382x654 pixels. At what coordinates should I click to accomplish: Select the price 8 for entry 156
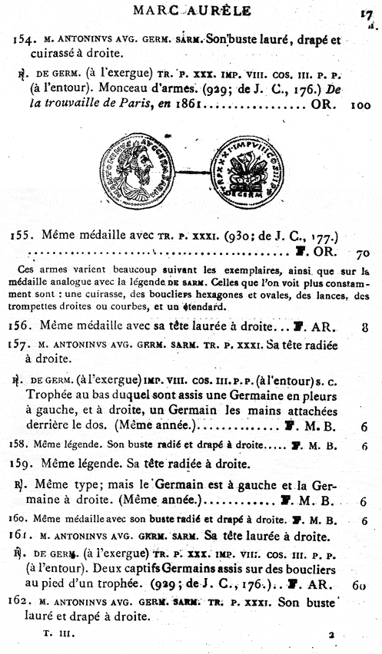[364, 325]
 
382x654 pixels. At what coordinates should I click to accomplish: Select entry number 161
[23, 535]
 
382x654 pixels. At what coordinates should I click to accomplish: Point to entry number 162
[23, 601]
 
